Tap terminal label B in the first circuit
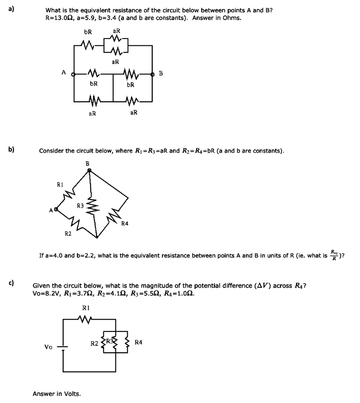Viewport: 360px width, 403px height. [160, 73]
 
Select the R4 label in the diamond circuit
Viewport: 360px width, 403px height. [125, 224]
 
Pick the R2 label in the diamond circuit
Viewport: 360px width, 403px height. [68, 234]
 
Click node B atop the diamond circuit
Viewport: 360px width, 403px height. [89, 170]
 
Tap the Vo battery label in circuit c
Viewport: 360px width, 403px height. [48, 347]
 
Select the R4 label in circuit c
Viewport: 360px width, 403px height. [138, 342]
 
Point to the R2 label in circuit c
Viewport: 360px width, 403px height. [94, 343]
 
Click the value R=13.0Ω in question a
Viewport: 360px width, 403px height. [59, 18]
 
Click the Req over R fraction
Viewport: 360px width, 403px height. [334, 255]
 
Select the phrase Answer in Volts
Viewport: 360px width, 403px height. [57, 393]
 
